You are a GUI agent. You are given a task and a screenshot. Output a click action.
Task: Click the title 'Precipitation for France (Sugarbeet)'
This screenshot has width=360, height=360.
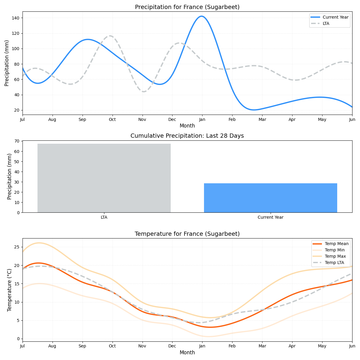pos(187,7)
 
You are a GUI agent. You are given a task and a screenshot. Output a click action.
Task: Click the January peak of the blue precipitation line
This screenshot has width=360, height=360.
pos(201,16)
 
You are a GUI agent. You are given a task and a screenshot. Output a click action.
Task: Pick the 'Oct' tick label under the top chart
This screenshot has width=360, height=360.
pos(112,120)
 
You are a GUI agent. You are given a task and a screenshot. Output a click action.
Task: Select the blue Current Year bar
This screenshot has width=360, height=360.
pos(270,198)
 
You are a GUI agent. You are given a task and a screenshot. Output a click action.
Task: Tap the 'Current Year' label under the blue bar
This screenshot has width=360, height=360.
pos(270,217)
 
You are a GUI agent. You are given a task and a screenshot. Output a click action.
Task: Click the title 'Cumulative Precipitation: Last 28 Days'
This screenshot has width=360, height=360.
pos(187,136)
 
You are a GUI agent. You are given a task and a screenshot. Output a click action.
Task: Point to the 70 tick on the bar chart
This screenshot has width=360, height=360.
pos(17,141)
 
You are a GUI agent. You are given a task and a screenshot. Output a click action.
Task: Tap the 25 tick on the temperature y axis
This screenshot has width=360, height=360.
pos(17,247)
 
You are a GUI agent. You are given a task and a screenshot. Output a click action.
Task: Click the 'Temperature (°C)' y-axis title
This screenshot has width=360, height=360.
pos(9,290)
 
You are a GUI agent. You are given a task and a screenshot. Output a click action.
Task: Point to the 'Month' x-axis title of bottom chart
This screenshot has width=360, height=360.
pos(187,353)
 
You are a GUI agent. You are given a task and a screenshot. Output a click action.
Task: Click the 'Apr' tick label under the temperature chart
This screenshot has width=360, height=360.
pos(292,346)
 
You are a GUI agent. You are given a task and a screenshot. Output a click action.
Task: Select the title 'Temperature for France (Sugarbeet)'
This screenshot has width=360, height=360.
pos(187,234)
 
